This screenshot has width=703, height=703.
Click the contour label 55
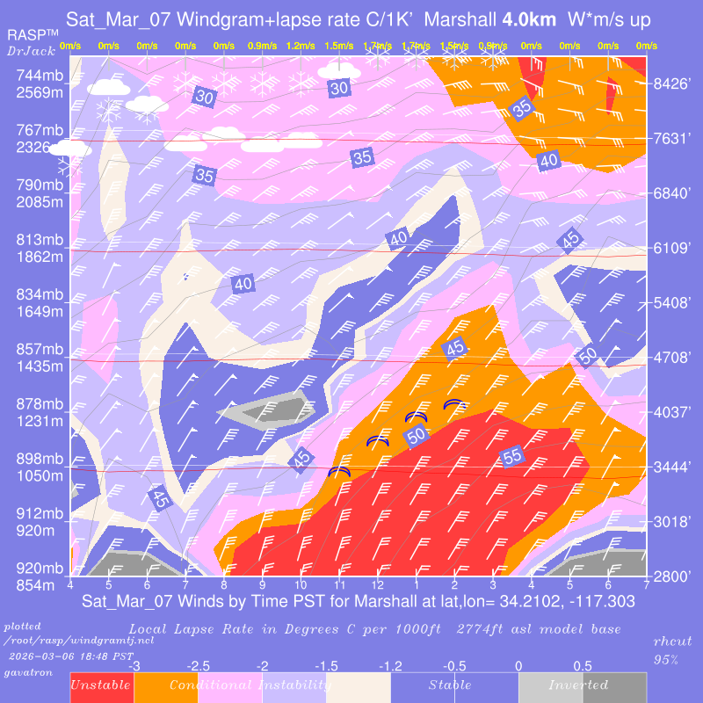[512, 455]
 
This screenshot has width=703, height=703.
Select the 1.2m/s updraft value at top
[301, 46]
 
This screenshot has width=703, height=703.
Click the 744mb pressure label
[40, 76]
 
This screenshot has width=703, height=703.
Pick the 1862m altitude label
[40, 257]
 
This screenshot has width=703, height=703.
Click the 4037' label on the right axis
[673, 411]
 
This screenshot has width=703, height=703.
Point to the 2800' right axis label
[673, 576]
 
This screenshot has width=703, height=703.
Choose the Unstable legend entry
[101, 685]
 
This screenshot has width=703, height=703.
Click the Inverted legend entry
[578, 685]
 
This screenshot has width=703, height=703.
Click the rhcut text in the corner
[674, 643]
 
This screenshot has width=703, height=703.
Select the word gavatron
[28, 671]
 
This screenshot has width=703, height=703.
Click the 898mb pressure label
[40, 460]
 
